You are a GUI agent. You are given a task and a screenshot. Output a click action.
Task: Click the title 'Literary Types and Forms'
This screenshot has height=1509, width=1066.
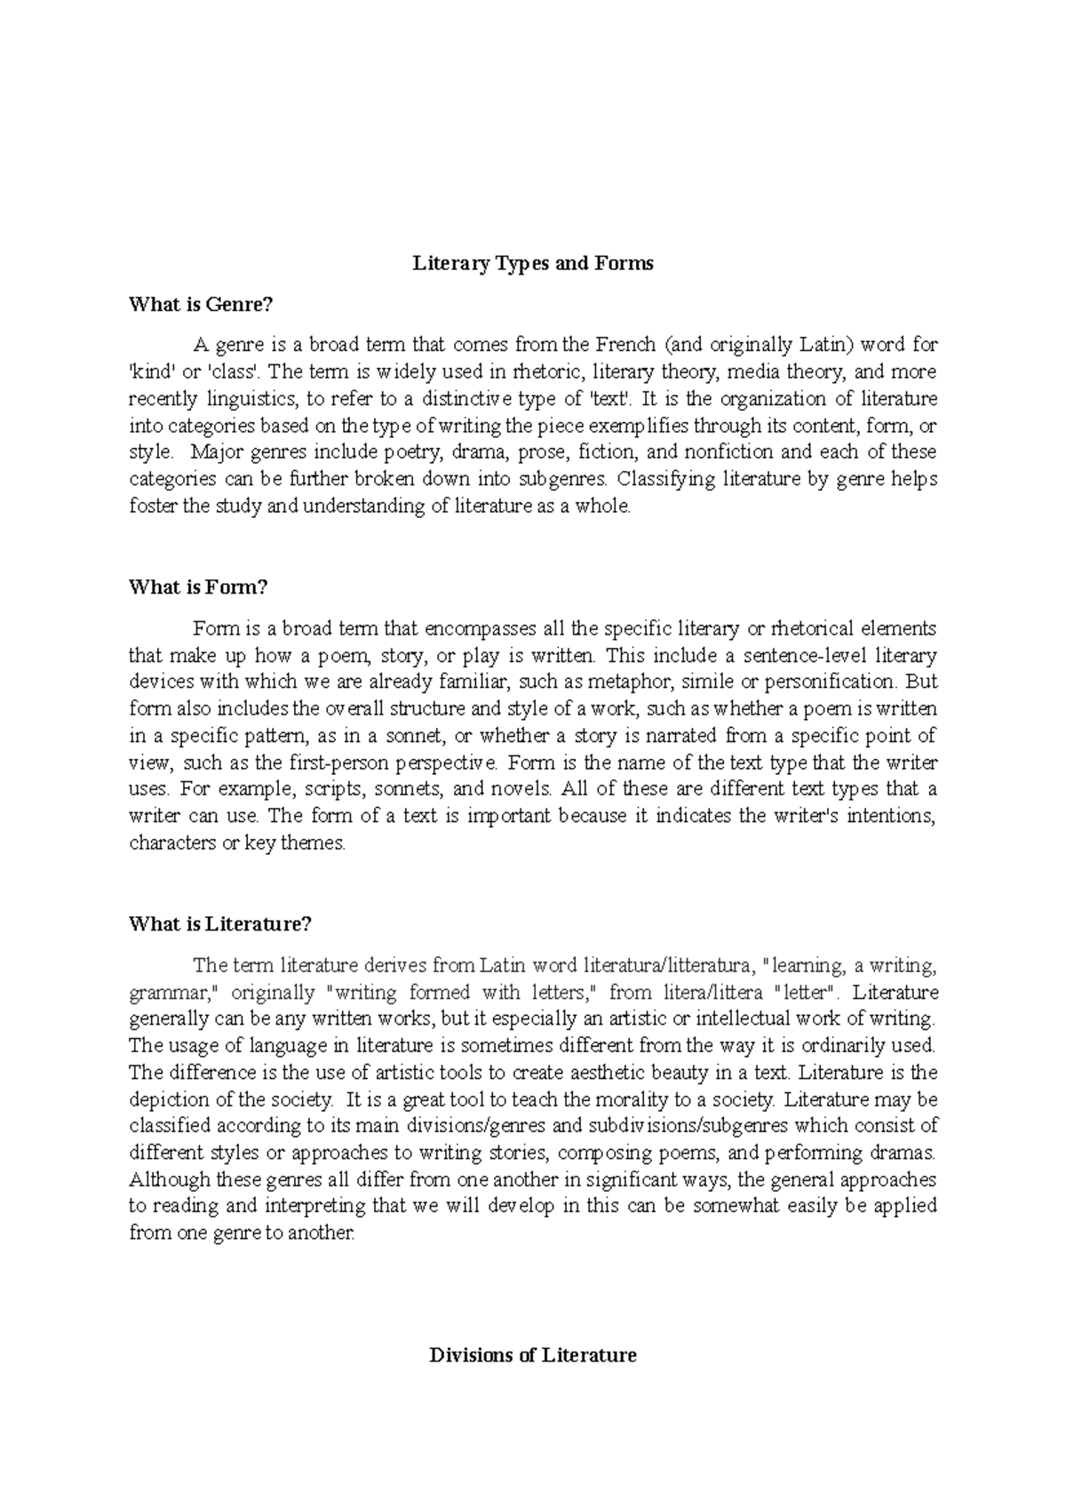(x=532, y=263)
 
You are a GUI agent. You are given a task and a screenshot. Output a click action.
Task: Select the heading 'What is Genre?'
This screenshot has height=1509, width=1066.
(x=200, y=304)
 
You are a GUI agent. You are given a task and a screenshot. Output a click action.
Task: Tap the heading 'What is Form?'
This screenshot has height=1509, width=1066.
(x=198, y=587)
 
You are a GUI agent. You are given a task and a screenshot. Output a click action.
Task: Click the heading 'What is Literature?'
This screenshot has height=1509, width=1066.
(x=220, y=923)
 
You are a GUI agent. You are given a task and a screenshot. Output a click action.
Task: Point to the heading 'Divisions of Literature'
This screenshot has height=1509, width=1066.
(x=532, y=1355)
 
